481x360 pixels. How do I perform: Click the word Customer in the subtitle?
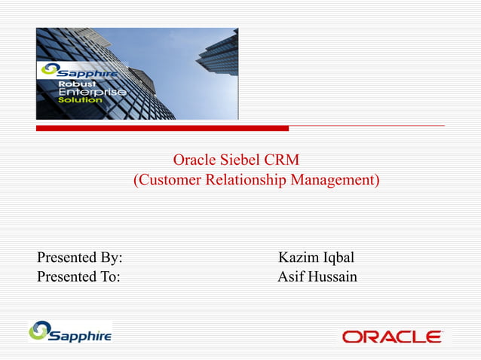coord(165,181)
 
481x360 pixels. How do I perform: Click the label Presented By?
coord(80,258)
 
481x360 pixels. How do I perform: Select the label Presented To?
coord(78,277)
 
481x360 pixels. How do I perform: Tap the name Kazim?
coord(298,258)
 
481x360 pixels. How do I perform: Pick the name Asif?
coord(292,277)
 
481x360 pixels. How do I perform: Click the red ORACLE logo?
coord(392,337)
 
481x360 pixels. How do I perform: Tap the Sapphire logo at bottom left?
coord(70,331)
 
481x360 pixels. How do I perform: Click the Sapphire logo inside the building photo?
coord(78,70)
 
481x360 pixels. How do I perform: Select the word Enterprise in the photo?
coord(87,91)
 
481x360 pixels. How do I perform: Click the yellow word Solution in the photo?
coord(76,99)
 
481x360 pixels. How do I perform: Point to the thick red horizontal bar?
coord(162,128)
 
